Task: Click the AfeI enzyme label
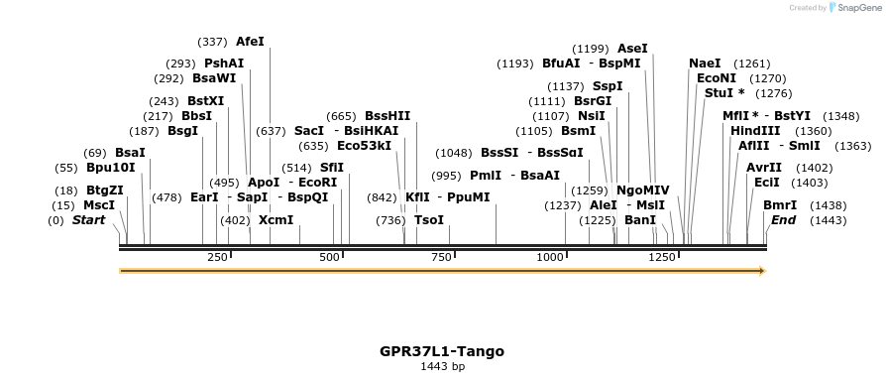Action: (250, 42)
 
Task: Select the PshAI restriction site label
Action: (224, 63)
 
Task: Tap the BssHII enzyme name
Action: (388, 115)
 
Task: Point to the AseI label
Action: (632, 48)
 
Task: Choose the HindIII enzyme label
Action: (755, 131)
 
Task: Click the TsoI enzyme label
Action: (429, 219)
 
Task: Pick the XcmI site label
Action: (276, 219)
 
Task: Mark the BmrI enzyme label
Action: (780, 205)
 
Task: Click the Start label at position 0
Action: (88, 219)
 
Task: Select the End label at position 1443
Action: (784, 219)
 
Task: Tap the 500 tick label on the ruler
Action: (330, 257)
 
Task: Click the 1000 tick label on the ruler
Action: (551, 257)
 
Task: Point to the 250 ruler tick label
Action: (218, 257)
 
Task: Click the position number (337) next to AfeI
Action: (212, 42)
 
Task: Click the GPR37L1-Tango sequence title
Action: (442, 351)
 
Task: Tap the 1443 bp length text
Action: (442, 366)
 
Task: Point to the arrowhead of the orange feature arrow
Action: (762, 270)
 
